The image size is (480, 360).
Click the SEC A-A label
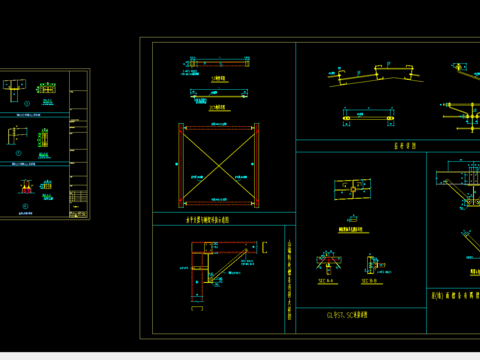coord(326,283)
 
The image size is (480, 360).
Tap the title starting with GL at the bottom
coord(347,314)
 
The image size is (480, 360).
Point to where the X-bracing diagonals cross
coord(219,167)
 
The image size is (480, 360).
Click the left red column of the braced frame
coord(181,167)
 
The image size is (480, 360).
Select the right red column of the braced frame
coord(257,167)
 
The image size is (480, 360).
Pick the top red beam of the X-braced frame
coord(219,127)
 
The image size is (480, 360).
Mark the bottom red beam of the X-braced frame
coord(219,207)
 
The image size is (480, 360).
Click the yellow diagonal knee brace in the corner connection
coord(231,265)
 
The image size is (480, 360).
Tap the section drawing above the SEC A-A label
coord(326,264)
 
